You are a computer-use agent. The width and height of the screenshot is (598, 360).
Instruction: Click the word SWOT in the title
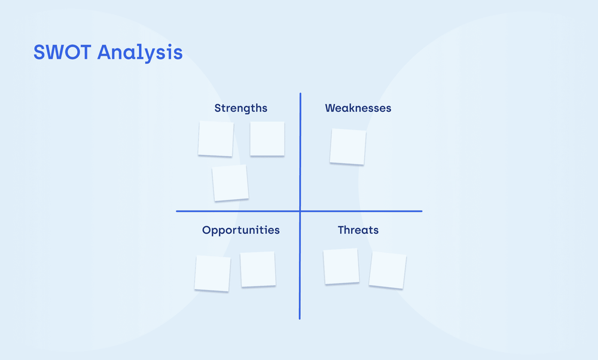point(63,52)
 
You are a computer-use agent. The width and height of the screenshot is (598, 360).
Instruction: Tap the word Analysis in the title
point(140,53)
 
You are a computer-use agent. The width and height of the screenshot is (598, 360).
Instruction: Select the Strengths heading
point(240,108)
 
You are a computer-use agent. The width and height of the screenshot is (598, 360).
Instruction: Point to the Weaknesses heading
point(358,108)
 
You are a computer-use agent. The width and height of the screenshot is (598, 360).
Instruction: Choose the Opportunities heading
point(240,230)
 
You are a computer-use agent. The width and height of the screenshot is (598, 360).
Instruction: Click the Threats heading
point(358,230)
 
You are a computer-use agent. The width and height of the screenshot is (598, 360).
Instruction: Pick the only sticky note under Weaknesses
point(347,147)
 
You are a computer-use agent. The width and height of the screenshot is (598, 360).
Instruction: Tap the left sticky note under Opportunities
point(212,273)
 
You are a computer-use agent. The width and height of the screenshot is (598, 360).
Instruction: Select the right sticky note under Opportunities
point(258,269)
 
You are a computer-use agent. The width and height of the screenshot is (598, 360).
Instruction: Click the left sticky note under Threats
point(341,267)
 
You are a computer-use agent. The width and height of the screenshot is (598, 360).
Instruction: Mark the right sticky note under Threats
point(388,270)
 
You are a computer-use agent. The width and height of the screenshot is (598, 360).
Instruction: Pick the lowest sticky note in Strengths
point(230,183)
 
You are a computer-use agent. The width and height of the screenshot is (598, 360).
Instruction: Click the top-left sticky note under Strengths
point(216,139)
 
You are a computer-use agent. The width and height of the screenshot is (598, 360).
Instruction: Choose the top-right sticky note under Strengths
point(267,139)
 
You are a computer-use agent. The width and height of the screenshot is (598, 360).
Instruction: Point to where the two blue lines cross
point(300,211)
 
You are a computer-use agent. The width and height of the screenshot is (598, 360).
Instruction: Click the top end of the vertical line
point(300,94)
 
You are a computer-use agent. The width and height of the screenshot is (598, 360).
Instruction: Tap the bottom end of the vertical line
point(300,318)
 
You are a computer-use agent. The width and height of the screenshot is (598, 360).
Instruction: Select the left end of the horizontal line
point(177,211)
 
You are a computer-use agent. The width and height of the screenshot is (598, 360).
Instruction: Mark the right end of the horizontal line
point(422,211)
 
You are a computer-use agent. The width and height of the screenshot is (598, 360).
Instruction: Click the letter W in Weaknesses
point(330,108)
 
